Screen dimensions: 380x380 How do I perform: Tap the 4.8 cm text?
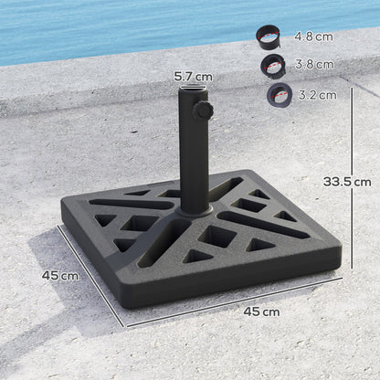tap(314, 37)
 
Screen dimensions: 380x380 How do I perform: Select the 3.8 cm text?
tap(314, 65)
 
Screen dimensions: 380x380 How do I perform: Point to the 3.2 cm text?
tap(314, 94)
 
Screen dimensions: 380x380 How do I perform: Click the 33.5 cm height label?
tap(346, 181)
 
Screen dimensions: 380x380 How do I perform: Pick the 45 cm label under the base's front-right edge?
tap(261, 311)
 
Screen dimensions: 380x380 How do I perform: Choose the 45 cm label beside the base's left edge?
tap(58, 274)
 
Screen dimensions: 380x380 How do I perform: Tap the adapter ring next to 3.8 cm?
tap(272, 66)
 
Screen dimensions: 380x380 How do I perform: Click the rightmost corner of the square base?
tap(340, 248)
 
